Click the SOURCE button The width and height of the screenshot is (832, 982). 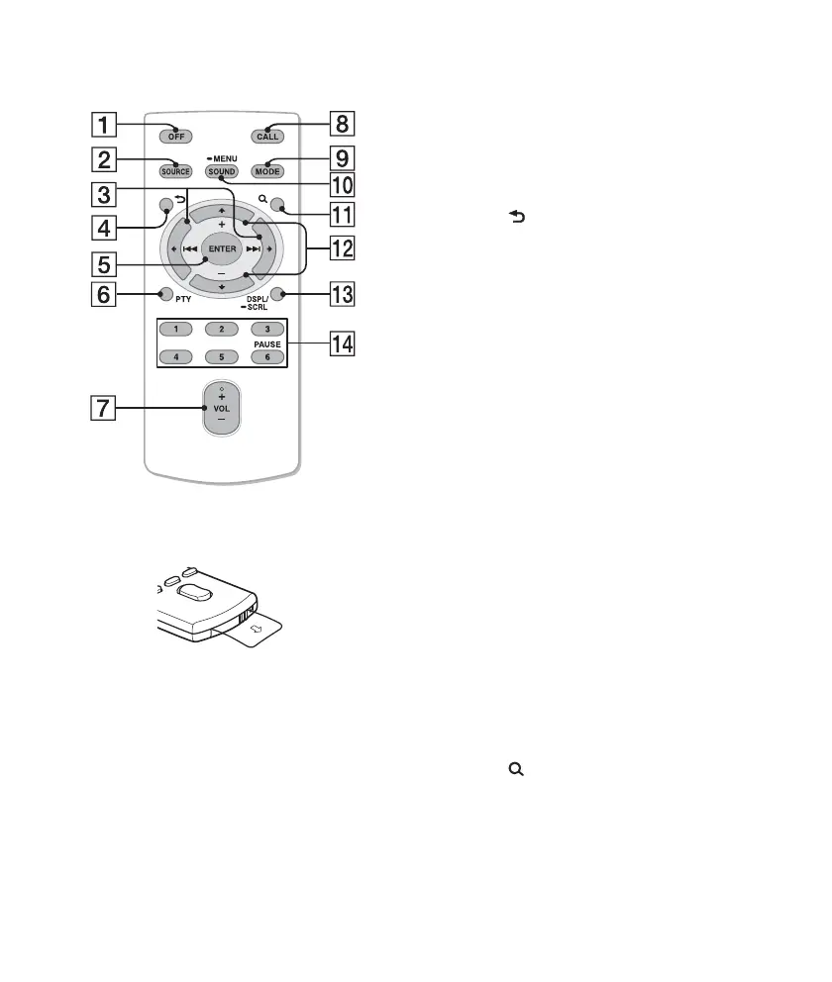click(175, 171)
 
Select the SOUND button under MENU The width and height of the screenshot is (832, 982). click(222, 171)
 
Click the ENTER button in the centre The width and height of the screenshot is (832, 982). click(222, 248)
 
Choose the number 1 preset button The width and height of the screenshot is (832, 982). click(175, 328)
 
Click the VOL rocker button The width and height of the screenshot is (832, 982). click(222, 407)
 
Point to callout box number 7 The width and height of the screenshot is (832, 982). click(102, 407)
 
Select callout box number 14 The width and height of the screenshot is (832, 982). click(342, 345)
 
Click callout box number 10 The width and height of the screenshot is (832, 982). click(342, 184)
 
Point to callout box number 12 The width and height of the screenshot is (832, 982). click(342, 249)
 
